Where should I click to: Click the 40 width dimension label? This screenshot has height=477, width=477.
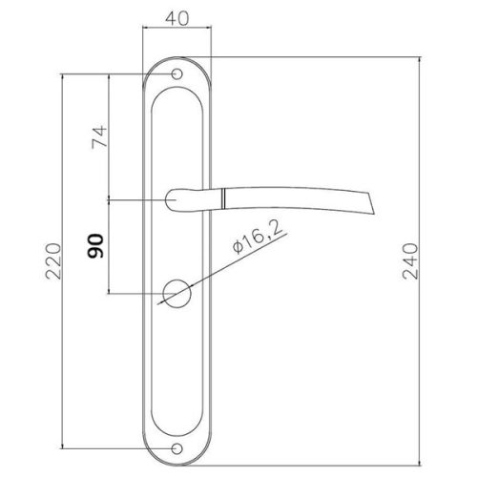pos(176,18)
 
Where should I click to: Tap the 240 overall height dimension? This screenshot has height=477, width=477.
pos(410,261)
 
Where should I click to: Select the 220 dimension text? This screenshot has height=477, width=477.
pos(52,261)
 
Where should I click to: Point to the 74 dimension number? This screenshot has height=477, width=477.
pos(99,137)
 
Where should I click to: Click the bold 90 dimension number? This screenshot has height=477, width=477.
pos(95,246)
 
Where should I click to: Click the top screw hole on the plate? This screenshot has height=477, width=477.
pos(176,74)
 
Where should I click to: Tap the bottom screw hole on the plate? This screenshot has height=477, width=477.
pos(176,449)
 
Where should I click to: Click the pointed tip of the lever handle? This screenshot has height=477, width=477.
pos(374,214)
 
